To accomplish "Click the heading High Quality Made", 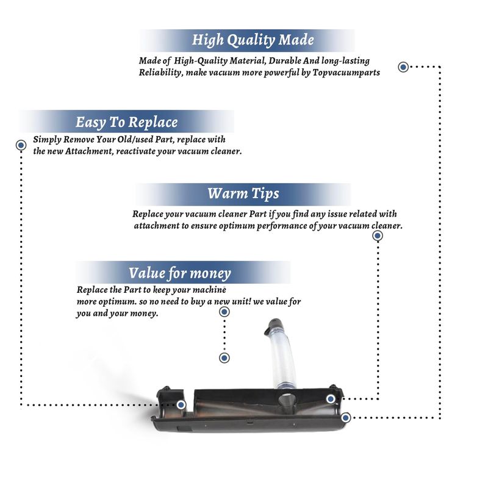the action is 253,40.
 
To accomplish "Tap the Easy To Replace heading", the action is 127,122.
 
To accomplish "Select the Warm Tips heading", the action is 243,193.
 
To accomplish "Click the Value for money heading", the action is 179,273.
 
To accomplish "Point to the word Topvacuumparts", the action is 346,73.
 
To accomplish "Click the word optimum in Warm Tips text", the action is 237,226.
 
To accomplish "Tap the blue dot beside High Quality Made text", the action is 403,67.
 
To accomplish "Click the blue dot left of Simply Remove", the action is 21,145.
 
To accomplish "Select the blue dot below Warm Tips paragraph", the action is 378,236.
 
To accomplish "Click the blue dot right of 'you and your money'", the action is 224,312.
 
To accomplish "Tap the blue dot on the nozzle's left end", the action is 181,405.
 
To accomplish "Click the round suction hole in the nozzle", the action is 285,400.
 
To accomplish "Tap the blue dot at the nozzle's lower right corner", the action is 345,418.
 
